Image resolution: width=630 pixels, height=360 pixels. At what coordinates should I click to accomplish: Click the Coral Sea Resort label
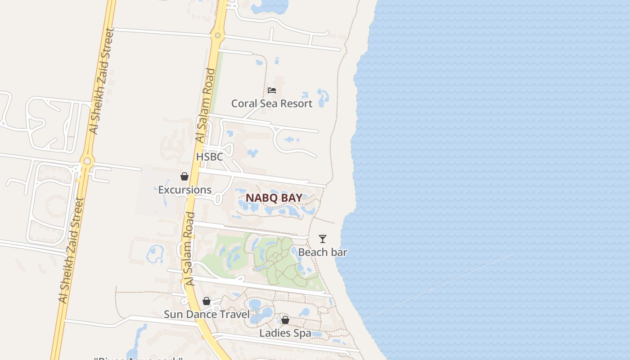coord(271,103)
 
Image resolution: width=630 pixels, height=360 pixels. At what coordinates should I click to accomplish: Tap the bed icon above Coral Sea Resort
coord(271,90)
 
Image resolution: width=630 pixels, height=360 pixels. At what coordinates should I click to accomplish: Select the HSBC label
coord(209,157)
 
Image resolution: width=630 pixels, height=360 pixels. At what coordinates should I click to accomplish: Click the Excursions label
coord(184,190)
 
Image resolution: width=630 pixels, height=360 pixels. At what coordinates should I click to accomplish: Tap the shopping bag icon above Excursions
coord(184,176)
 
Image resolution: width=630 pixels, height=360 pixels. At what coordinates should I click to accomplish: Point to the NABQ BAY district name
coord(274,198)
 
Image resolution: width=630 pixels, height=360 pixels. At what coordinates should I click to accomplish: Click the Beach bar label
coord(323,252)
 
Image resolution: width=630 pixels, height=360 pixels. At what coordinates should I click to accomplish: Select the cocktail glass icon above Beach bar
coord(323,239)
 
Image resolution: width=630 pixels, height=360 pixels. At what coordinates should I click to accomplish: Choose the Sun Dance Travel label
coord(207,314)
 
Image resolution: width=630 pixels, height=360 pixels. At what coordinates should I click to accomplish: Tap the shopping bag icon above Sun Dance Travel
coord(207,301)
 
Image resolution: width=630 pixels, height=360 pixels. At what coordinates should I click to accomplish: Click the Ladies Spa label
coord(285,333)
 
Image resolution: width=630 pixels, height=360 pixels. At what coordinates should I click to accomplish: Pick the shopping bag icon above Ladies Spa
coord(285,320)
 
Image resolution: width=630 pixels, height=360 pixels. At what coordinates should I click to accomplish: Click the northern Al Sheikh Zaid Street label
coord(102,81)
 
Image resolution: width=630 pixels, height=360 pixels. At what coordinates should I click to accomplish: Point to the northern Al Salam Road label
coord(205,106)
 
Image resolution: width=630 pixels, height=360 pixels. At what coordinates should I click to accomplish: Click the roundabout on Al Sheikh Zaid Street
coord(87,161)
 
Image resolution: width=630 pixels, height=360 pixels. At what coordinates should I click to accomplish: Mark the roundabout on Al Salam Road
coord(218,35)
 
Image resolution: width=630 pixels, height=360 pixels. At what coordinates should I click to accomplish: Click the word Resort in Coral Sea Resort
coord(295,103)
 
